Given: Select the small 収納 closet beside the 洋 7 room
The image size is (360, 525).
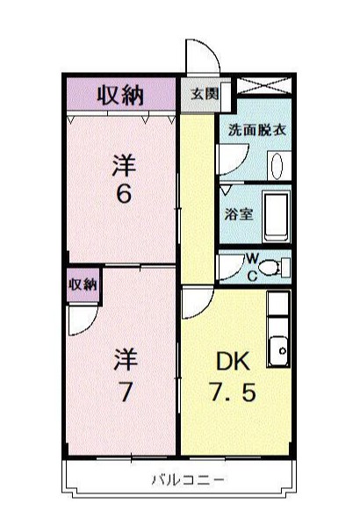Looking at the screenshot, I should [x=83, y=284].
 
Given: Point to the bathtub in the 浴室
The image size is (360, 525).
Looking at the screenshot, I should [x=277, y=213].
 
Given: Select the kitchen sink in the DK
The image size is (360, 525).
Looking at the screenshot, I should [x=280, y=349].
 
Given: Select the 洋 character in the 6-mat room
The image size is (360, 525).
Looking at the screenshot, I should [x=125, y=164].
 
